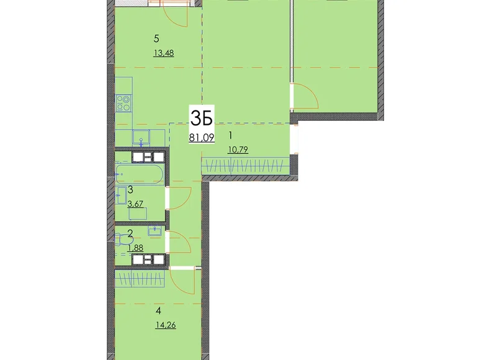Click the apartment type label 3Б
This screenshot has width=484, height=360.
point(202,117)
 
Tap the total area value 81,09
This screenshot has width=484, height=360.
point(202,138)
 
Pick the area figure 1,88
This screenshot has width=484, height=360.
point(136,248)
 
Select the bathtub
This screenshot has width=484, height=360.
point(140,172)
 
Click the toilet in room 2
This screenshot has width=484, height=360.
point(120,240)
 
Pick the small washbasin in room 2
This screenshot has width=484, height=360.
point(155,231)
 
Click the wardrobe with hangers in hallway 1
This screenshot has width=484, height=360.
point(245,166)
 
